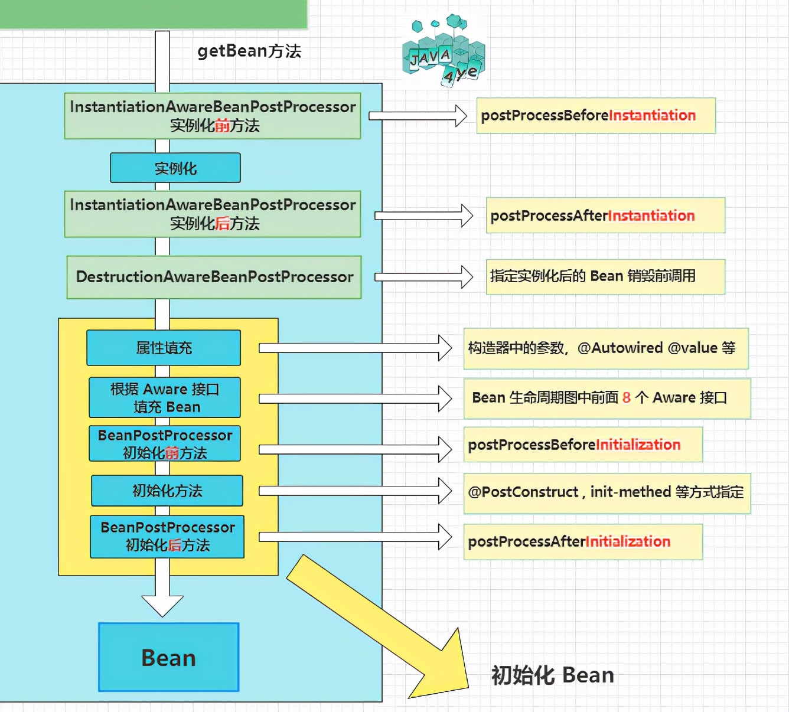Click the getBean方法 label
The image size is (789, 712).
249,51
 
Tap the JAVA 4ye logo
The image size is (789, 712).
443,52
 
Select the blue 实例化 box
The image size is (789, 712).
175,168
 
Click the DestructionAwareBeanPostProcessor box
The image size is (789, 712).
214,277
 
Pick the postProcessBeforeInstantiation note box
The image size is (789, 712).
596,116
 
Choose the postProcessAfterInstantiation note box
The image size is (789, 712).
605,215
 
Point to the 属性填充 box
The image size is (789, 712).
164,348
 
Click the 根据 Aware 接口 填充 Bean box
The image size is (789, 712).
165,397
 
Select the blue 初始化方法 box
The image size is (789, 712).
167,491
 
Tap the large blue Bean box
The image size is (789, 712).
169,657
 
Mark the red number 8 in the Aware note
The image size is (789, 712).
627,398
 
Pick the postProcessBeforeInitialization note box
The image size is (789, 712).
583,445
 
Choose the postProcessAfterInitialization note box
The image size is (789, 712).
583,542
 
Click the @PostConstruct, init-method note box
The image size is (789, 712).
607,492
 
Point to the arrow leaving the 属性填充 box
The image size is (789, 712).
355,348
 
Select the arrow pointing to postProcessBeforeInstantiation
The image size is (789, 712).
418,116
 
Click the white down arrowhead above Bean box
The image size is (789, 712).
162,605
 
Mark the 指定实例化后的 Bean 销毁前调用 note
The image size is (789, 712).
605,276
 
